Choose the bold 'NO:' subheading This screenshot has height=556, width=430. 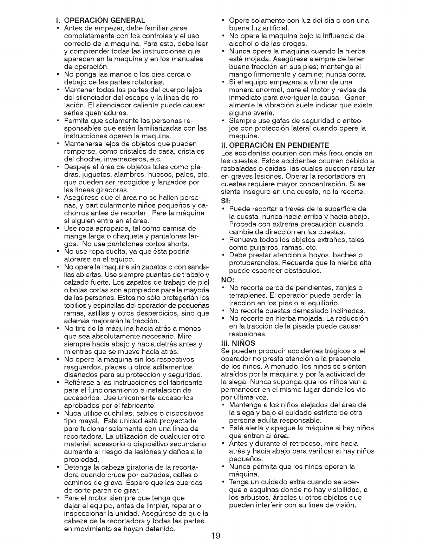(226, 279)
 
